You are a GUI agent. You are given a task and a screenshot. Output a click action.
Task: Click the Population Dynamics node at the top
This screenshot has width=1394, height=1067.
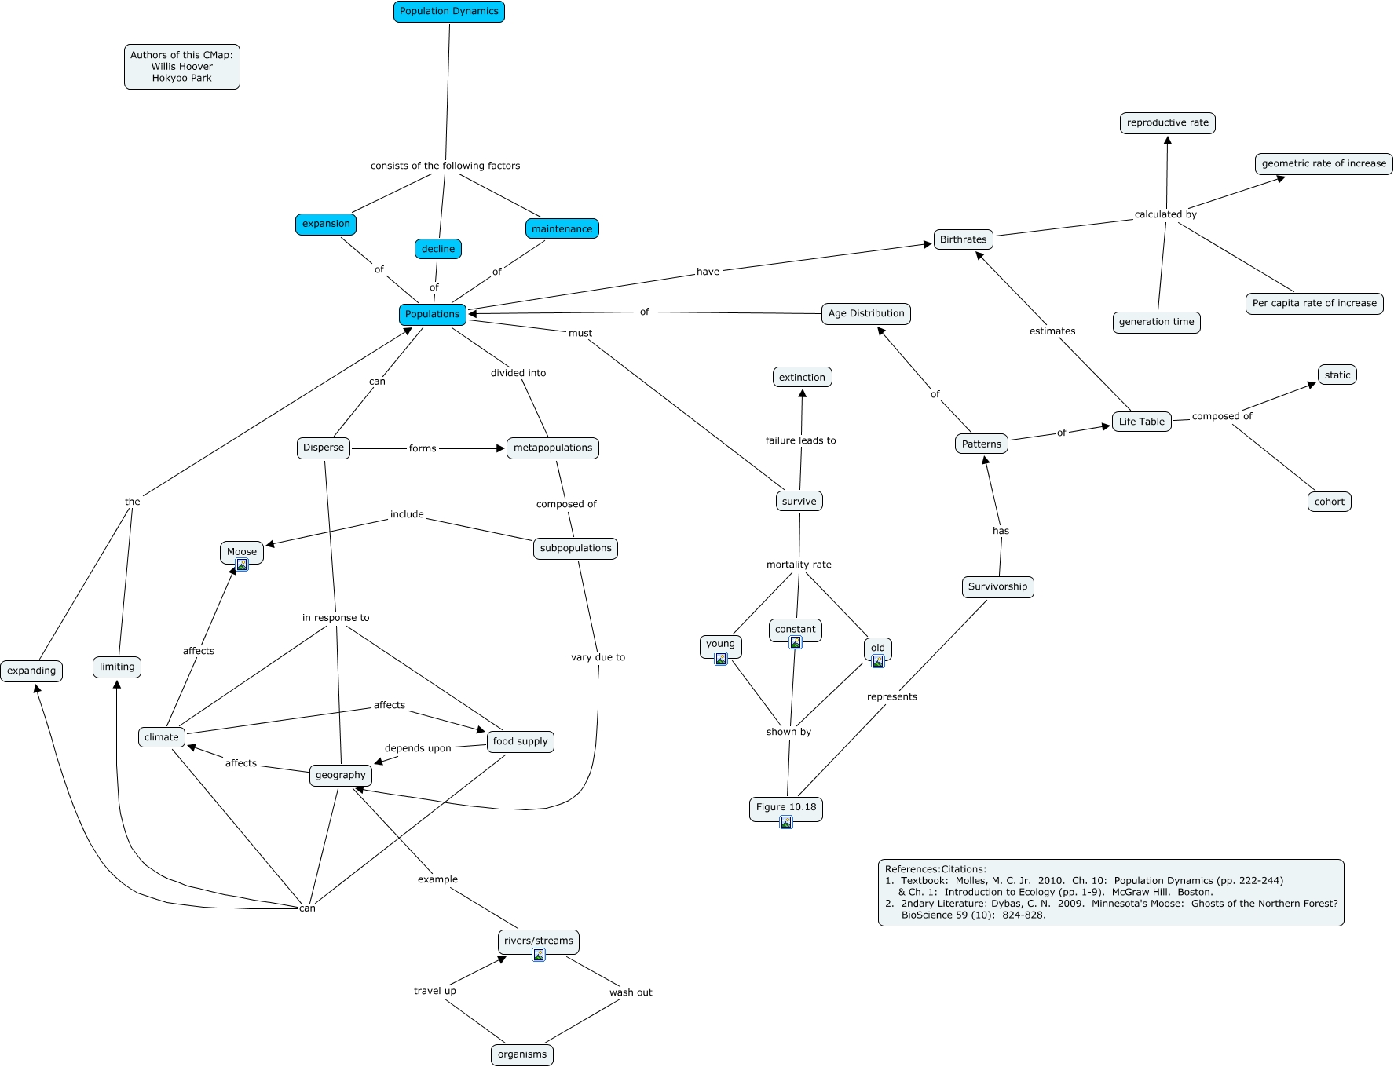(x=449, y=12)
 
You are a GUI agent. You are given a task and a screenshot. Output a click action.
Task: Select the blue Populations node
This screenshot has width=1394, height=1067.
(x=433, y=314)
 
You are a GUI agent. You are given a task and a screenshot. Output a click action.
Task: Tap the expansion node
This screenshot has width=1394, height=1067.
(x=326, y=224)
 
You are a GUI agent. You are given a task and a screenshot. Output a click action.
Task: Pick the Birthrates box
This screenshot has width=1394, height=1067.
(x=964, y=239)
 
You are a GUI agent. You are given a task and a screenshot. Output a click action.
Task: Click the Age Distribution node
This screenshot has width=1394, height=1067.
(x=866, y=313)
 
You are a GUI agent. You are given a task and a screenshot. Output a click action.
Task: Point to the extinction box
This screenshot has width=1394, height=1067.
(x=802, y=377)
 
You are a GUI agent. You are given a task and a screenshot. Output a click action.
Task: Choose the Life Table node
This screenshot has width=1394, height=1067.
(x=1142, y=422)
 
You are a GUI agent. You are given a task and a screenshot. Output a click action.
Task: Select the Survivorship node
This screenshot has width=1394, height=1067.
(x=997, y=586)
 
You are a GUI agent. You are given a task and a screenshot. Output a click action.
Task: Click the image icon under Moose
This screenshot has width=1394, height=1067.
(x=242, y=565)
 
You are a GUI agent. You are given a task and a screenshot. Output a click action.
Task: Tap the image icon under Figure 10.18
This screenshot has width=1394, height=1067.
(x=786, y=822)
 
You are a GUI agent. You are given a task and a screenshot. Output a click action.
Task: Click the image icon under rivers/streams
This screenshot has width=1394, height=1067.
(x=539, y=955)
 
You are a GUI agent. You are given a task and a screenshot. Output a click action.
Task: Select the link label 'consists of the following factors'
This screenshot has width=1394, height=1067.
(x=445, y=166)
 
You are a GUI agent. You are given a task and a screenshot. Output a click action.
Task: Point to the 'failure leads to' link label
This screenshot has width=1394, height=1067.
(x=801, y=440)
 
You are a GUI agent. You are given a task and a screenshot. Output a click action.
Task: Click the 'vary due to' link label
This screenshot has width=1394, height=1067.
(x=598, y=657)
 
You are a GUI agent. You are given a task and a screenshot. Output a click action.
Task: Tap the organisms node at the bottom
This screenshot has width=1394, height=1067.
(x=522, y=1054)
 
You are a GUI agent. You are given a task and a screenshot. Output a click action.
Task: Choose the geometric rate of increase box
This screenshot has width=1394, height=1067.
(x=1324, y=163)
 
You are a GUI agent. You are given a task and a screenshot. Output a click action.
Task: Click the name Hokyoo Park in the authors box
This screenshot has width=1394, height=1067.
(x=182, y=78)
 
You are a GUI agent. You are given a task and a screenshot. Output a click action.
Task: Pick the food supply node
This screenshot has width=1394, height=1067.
(x=521, y=741)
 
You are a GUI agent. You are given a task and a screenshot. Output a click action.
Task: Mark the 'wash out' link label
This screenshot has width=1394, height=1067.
(x=631, y=992)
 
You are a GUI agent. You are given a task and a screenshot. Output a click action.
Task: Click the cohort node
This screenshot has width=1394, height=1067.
(x=1330, y=502)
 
